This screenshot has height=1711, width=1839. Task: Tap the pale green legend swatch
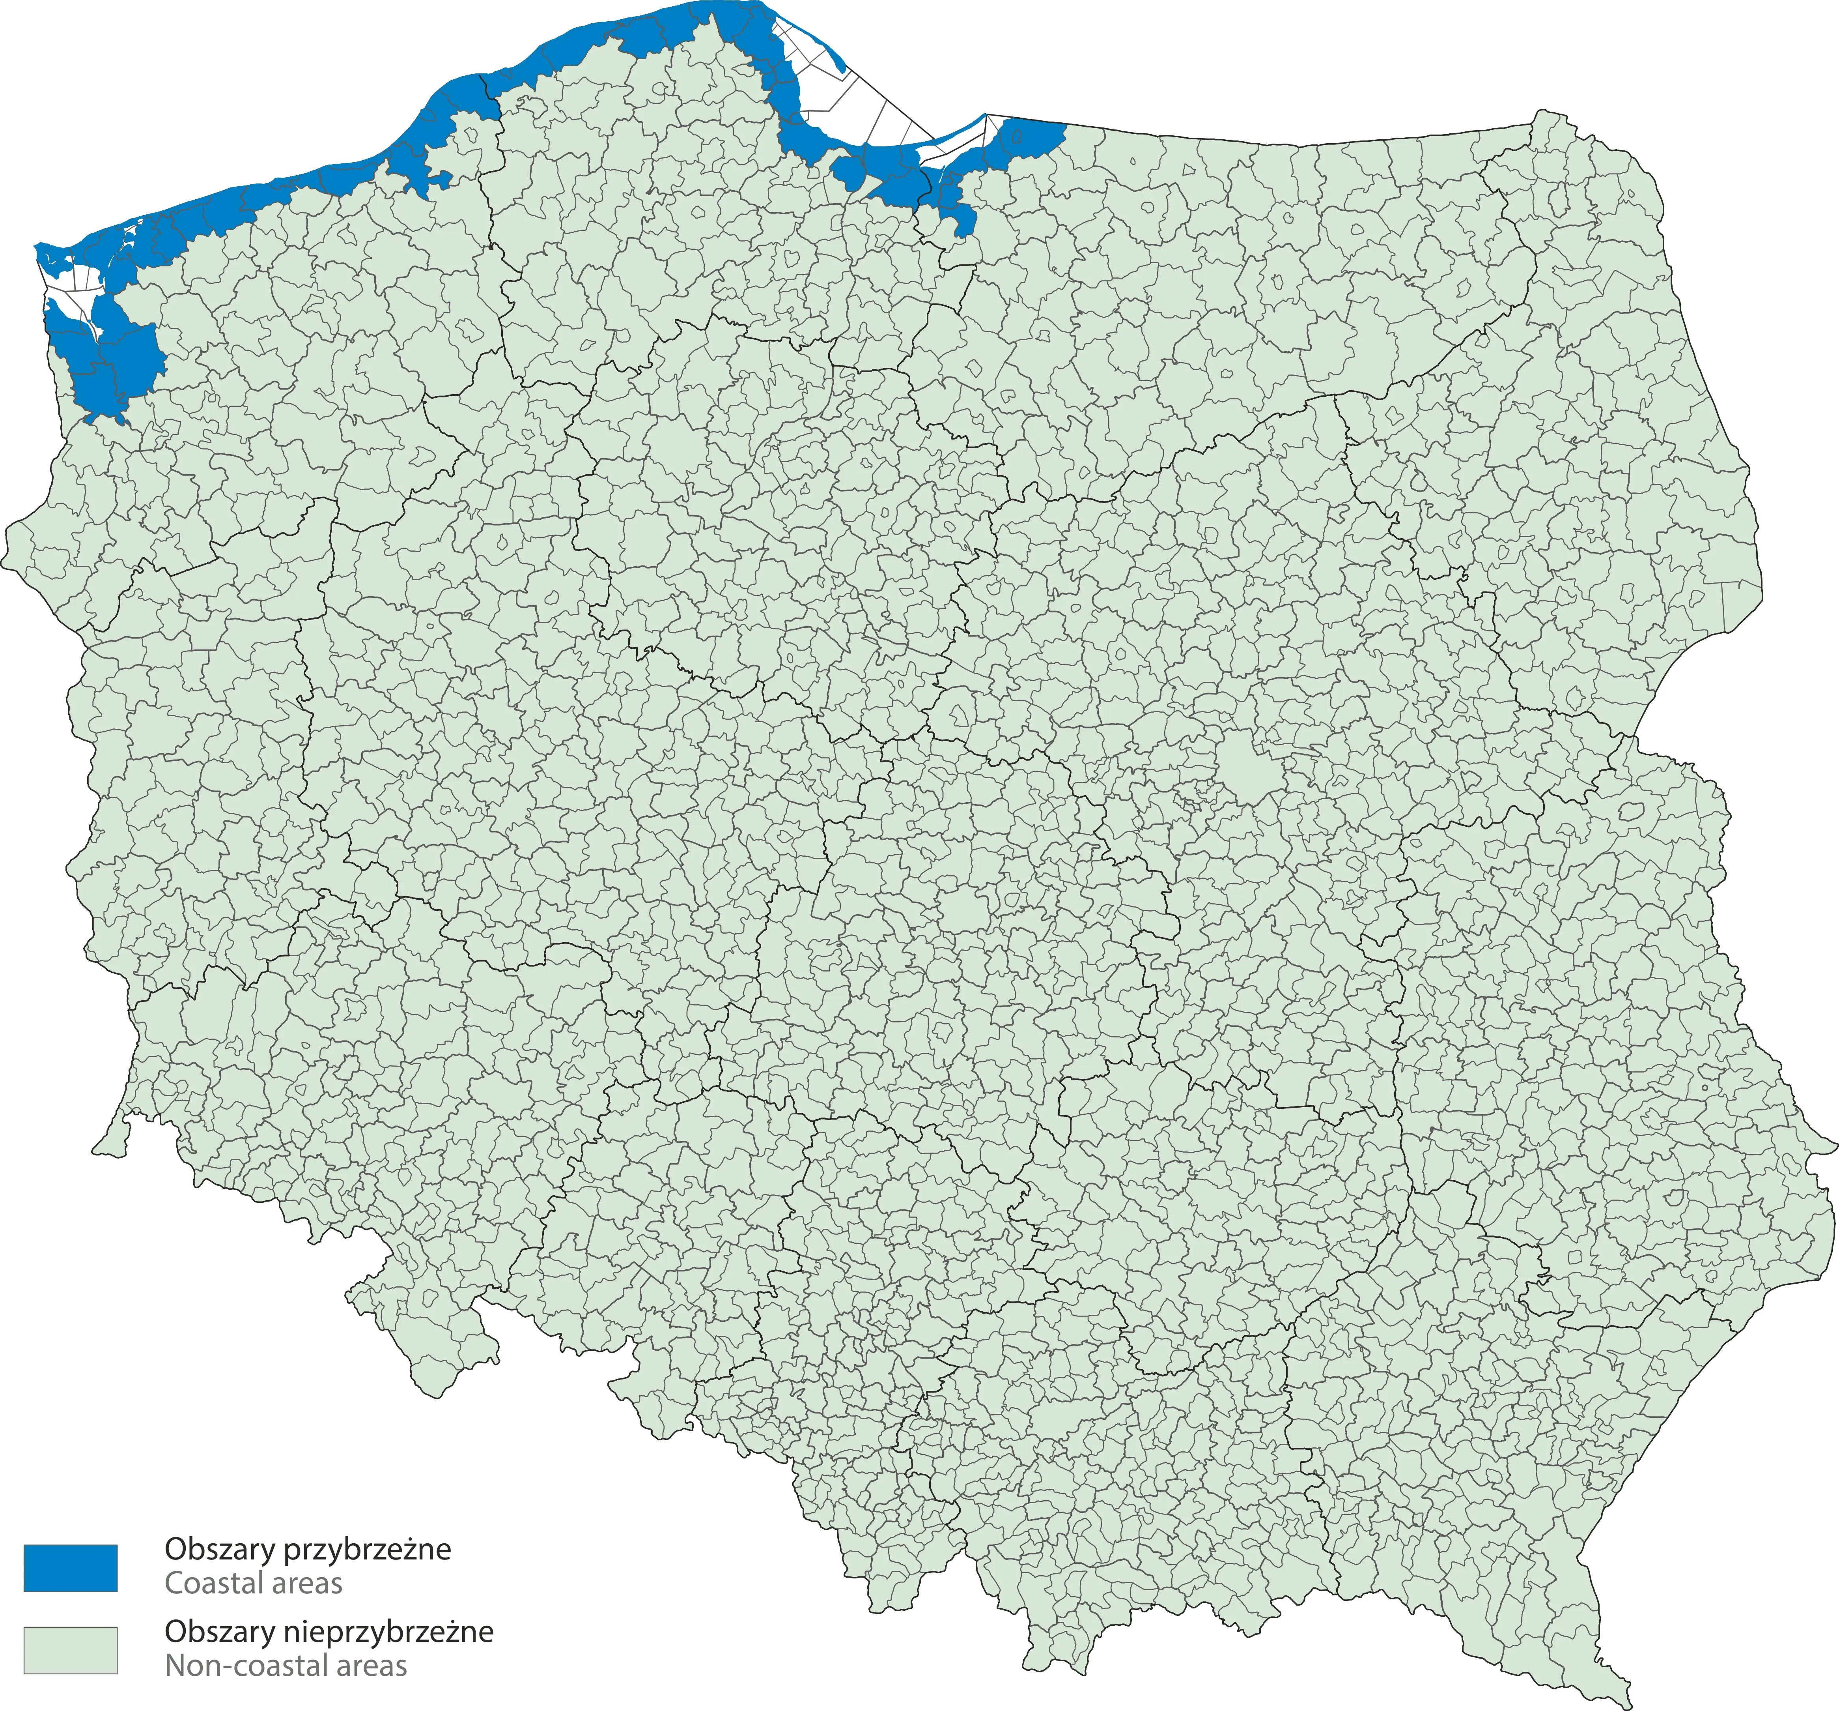tap(70, 1650)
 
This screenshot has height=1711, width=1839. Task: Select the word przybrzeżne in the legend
tap(366, 1549)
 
